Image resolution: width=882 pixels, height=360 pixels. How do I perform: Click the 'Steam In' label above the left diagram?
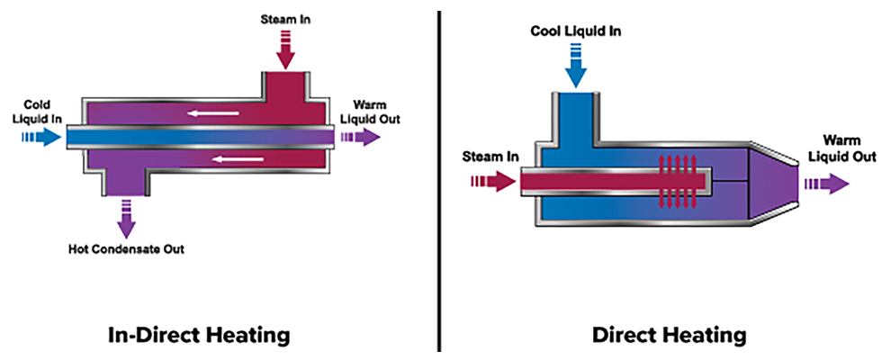pyautogui.click(x=285, y=17)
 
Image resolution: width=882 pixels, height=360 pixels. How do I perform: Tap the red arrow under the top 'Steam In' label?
pyautogui.click(x=285, y=50)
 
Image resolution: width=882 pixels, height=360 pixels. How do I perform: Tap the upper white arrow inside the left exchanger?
pyautogui.click(x=213, y=113)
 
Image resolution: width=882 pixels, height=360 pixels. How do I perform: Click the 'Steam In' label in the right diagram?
pyautogui.click(x=490, y=157)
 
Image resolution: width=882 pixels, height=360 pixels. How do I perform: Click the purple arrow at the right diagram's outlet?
pyautogui.click(x=827, y=183)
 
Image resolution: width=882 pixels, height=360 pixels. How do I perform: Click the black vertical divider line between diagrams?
pyautogui.click(x=439, y=180)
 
